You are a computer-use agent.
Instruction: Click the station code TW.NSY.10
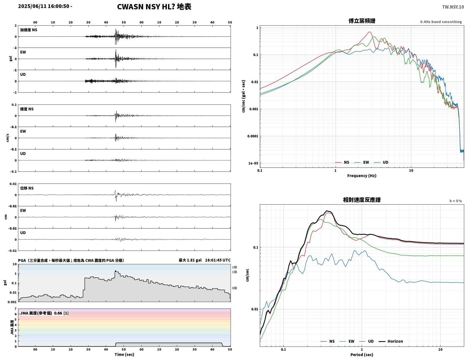(453, 7)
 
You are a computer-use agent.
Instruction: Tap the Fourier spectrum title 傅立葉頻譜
(362, 21)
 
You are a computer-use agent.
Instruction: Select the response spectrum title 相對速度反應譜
(362, 200)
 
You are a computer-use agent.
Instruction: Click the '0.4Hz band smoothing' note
(441, 22)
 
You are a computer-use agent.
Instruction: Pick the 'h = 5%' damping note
(456, 201)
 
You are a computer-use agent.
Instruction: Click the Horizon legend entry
(391, 341)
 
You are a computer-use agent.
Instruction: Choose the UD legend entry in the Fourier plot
(381, 162)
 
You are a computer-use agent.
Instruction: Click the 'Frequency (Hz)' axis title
(362, 175)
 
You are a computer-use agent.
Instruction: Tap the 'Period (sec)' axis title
(362, 354)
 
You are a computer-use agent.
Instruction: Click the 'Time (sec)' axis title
(124, 354)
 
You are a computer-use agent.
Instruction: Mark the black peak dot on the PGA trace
(115, 271)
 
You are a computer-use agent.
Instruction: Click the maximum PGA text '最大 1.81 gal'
(190, 260)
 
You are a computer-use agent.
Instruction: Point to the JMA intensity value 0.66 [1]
(61, 313)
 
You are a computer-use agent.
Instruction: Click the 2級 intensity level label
(234, 267)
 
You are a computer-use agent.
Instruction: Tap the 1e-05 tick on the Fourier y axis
(253, 163)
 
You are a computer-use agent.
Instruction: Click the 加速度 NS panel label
(29, 30)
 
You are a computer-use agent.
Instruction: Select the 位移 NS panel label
(27, 188)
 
